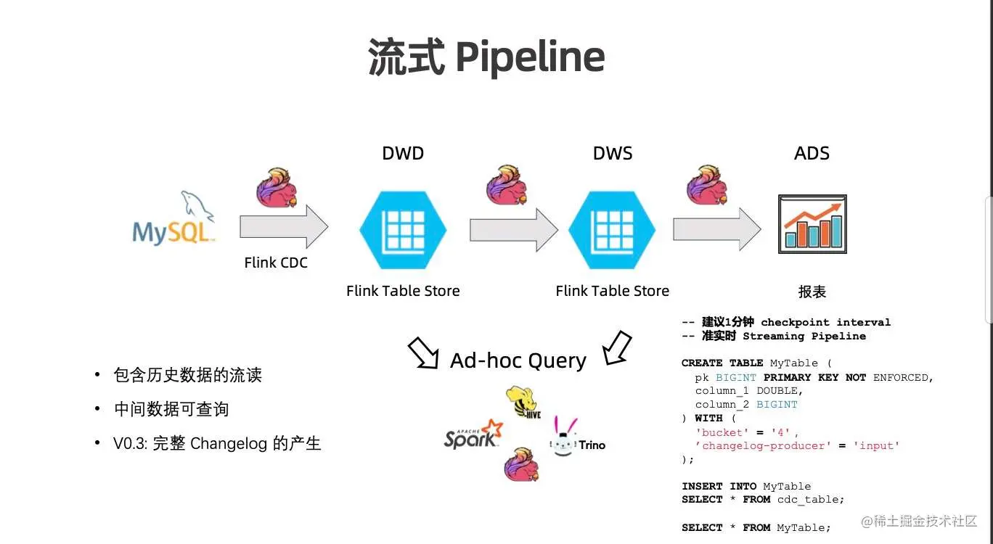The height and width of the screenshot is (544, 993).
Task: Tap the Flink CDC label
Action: pos(276,263)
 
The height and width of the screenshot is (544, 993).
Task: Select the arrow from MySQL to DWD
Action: pos(284,227)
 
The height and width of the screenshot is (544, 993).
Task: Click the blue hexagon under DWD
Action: pos(403,229)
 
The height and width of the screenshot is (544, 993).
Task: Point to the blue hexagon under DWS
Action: pos(612,229)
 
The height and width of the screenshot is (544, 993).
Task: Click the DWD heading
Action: pos(403,154)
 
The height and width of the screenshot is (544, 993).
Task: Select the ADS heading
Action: pos(812,154)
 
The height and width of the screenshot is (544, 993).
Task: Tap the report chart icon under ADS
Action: pos(812,223)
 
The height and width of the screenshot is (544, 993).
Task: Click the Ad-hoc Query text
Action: pos(518,360)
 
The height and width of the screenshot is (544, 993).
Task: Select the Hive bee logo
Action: pos(525,403)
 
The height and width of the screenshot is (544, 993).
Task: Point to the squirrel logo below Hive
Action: pos(521,464)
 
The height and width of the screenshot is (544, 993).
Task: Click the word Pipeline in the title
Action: pos(530,58)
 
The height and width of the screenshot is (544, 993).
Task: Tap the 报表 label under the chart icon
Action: pos(812,292)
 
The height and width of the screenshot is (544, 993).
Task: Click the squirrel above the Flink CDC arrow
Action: pos(277,187)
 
